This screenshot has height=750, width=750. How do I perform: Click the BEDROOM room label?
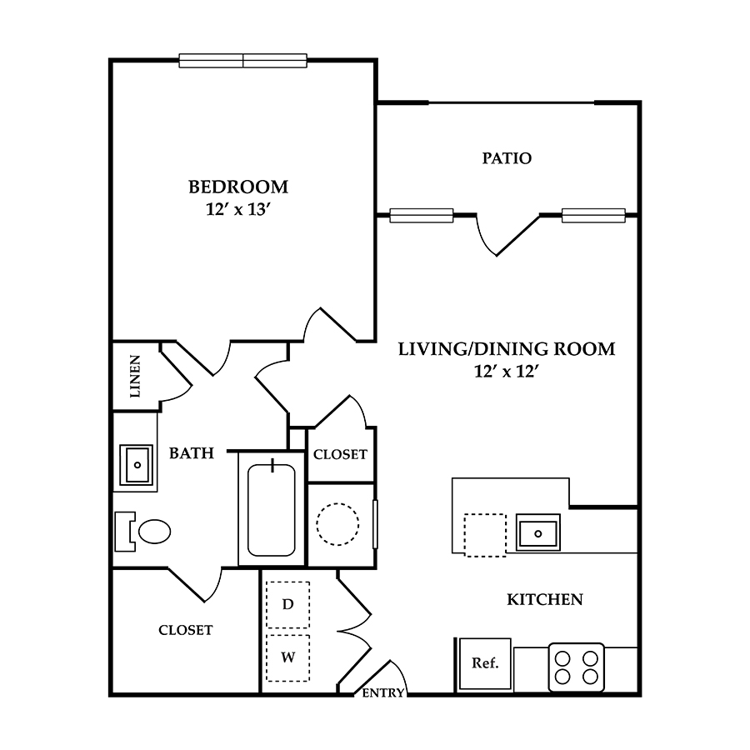pyautogui.click(x=238, y=187)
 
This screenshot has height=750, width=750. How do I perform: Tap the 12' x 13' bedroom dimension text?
pyautogui.click(x=238, y=209)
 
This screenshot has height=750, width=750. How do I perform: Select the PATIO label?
pyautogui.click(x=507, y=158)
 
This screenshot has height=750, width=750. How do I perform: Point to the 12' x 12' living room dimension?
pyautogui.click(x=507, y=371)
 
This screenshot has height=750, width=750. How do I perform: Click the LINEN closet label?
pyautogui.click(x=135, y=377)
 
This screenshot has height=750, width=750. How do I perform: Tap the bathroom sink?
pyautogui.click(x=137, y=465)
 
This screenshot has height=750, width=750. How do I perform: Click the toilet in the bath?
pyautogui.click(x=142, y=532)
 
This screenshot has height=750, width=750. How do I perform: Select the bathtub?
pyautogui.click(x=271, y=510)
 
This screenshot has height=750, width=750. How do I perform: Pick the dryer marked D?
pyautogui.click(x=288, y=605)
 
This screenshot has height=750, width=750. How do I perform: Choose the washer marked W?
pyautogui.click(x=288, y=657)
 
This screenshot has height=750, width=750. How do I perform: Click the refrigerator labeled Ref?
pyautogui.click(x=485, y=664)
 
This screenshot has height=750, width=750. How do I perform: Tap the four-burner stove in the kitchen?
pyautogui.click(x=577, y=667)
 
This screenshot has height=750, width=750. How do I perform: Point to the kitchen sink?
pyautogui.click(x=538, y=532)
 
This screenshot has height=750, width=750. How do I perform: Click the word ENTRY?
pyautogui.click(x=383, y=692)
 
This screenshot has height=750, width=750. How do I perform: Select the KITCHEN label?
pyautogui.click(x=545, y=599)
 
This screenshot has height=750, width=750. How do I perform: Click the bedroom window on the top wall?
pyautogui.click(x=243, y=61)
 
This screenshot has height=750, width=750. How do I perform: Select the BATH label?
pyautogui.click(x=192, y=453)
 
